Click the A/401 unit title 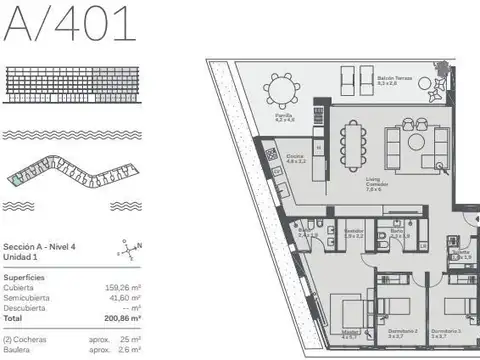(70, 23)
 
